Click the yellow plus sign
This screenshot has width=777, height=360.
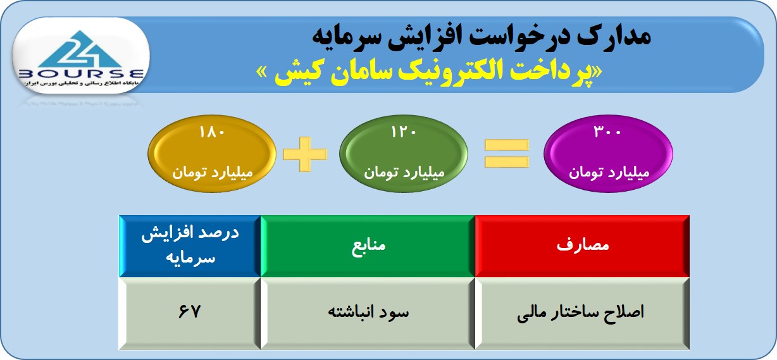click(305, 154)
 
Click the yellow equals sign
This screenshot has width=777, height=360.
click(507, 154)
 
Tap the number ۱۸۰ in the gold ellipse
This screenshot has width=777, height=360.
click(212, 132)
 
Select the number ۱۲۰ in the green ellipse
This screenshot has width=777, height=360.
click(404, 132)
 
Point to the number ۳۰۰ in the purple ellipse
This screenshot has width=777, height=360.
click(607, 132)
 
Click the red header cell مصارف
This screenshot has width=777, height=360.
click(582, 246)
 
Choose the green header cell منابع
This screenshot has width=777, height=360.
click(368, 246)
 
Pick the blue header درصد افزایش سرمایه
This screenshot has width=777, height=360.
click(190, 246)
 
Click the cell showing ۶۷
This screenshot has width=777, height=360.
click(190, 313)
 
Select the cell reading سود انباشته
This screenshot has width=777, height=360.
click(368, 313)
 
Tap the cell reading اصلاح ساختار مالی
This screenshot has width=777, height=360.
click(582, 313)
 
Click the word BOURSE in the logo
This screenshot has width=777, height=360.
click(81, 74)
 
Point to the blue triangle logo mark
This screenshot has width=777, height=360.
click(80, 49)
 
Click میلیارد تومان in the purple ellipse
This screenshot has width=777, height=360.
click(609, 173)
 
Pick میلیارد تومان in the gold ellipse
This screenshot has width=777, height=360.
click(213, 173)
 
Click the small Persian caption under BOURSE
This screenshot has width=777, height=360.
click(80, 84)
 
